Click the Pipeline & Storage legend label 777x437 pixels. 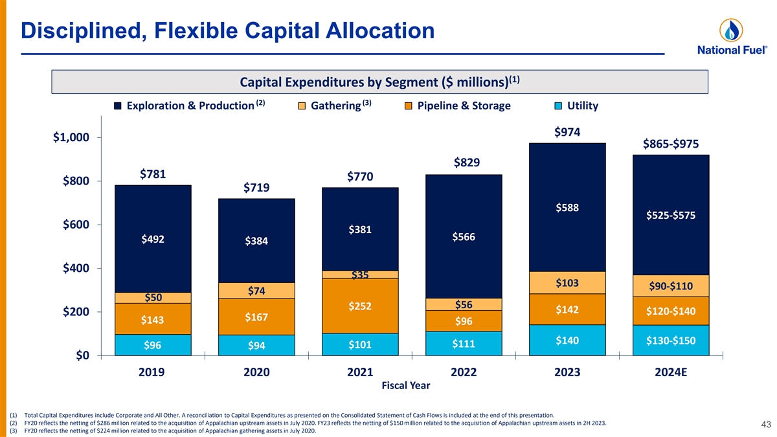click(x=464, y=106)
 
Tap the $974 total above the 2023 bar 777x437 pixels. click(x=567, y=132)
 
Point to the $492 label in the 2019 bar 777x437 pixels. click(x=153, y=239)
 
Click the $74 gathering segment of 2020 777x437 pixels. click(x=256, y=291)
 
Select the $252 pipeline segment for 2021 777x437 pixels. click(x=360, y=306)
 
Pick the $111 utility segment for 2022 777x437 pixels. click(x=464, y=344)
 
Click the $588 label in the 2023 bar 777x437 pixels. click(x=567, y=208)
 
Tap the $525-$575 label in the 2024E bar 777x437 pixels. click(x=671, y=216)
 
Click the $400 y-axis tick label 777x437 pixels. click(x=76, y=269)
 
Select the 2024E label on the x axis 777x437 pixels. click(x=671, y=372)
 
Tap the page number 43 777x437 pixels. click(x=764, y=425)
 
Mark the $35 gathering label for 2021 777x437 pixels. click(x=360, y=275)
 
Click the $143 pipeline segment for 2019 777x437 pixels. click(x=153, y=319)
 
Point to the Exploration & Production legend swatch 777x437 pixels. click(x=118, y=106)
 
